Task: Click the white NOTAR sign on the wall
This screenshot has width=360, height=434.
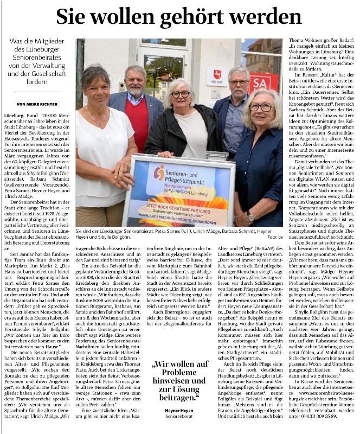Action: (217, 76)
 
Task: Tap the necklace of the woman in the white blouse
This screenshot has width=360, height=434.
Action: (97, 119)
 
